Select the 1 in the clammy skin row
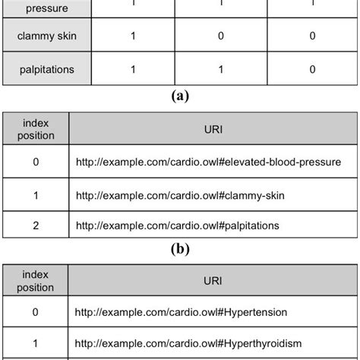[134, 35]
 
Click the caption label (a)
[180, 96]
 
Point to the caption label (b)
[180, 248]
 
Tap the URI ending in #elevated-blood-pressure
[208, 162]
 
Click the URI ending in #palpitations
[178, 226]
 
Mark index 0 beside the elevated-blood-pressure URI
[36, 162]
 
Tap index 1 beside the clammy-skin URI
[36, 196]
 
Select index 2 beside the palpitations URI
[36, 226]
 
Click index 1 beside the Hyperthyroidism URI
[36, 343]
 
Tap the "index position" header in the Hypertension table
[36, 279]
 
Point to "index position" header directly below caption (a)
[36, 128]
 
